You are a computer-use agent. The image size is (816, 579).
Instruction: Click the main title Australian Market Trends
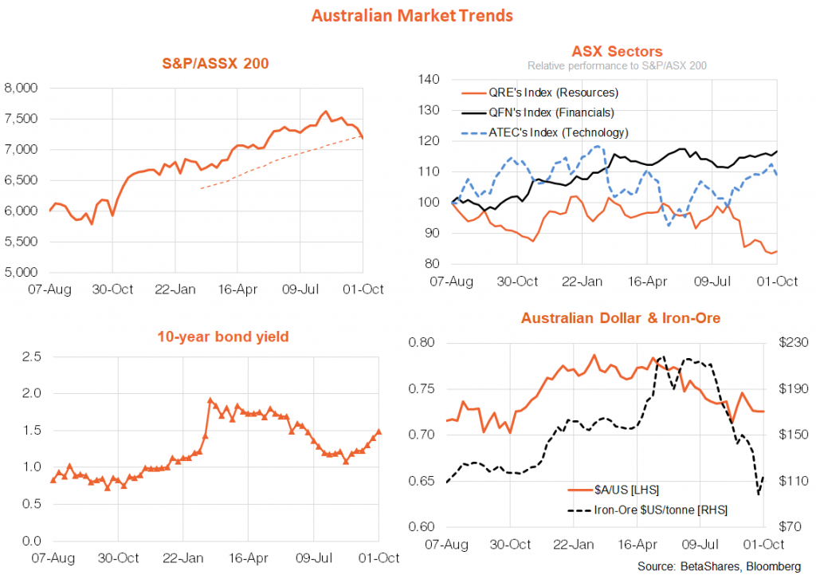click(412, 15)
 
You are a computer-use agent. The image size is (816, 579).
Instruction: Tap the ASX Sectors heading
click(612, 52)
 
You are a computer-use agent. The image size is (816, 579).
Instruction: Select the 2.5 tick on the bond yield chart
click(32, 356)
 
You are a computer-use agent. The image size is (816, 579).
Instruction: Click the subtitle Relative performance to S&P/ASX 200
click(612, 65)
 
